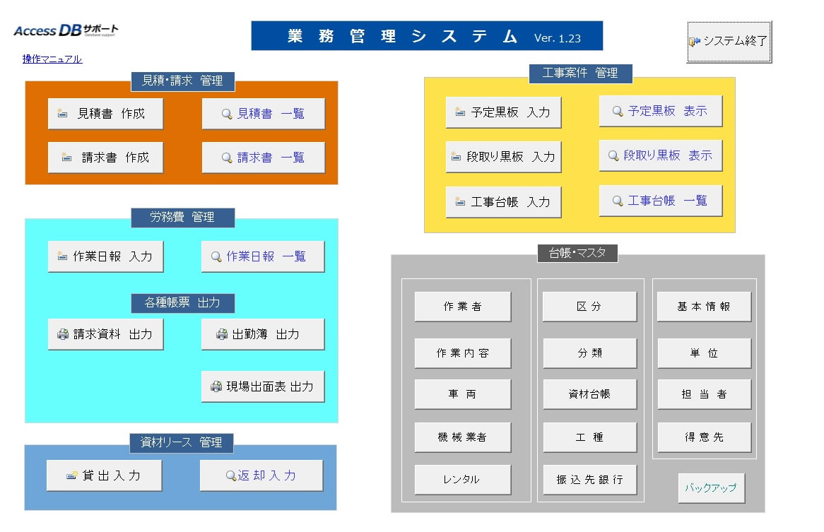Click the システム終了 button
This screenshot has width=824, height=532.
point(729,42)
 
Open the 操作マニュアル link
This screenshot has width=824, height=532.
point(52,59)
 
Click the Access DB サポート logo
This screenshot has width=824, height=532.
point(66,31)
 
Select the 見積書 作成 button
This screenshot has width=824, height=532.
point(105,114)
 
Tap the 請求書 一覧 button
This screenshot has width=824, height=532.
point(263,158)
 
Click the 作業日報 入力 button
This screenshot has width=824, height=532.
point(105,256)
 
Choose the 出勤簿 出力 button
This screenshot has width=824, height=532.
point(263,334)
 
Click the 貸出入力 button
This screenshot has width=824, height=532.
point(104,475)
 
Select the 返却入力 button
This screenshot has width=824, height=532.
point(261,475)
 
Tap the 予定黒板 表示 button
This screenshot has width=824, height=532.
point(660,111)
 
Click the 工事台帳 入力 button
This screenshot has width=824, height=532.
point(503,202)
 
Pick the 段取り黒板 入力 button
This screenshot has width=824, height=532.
point(503,157)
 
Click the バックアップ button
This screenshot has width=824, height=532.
point(711,488)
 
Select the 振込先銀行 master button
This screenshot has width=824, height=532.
point(589,480)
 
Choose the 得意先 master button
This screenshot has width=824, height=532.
point(704,437)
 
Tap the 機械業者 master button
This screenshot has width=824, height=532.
point(462,437)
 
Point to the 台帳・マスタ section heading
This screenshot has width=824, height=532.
point(577,253)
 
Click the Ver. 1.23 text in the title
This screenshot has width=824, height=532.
point(558,37)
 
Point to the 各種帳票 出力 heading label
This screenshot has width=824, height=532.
point(182,303)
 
